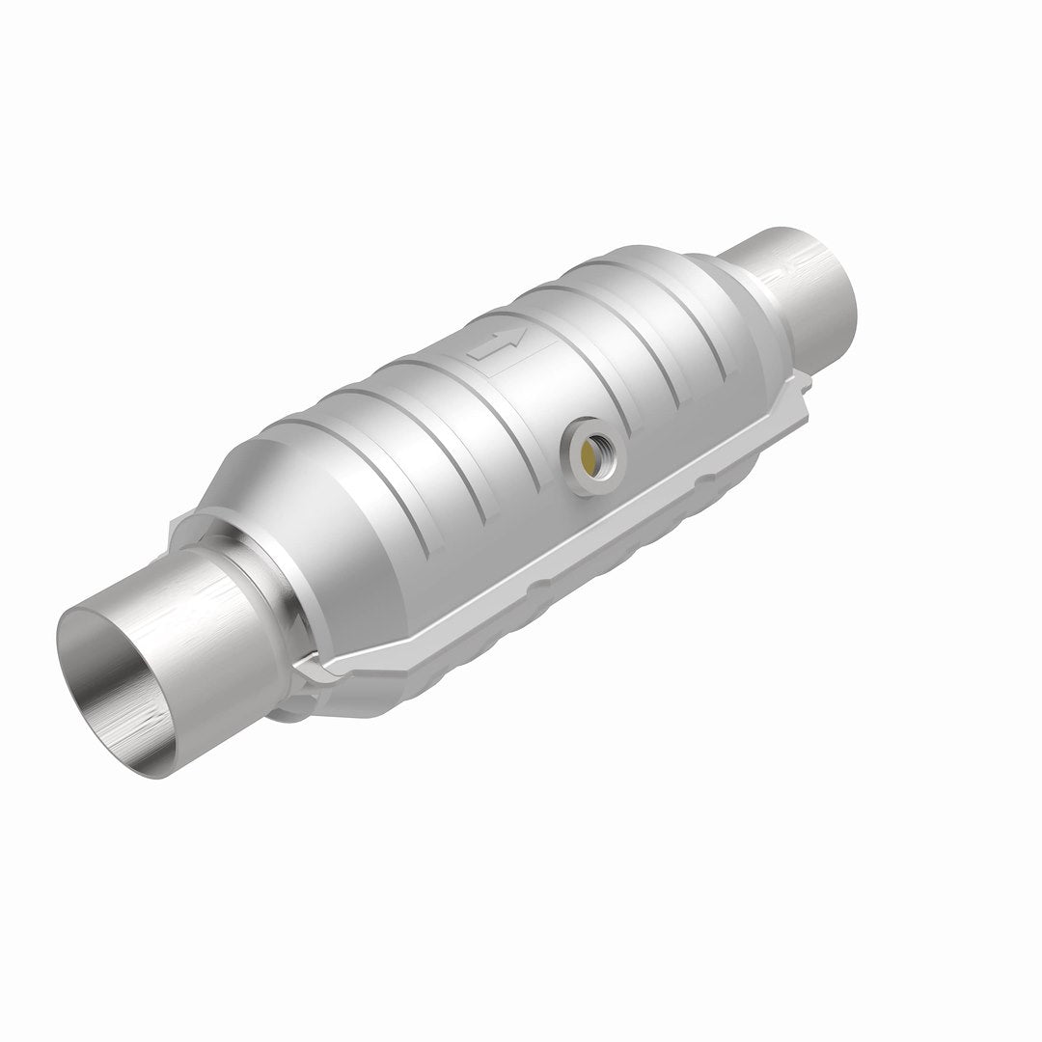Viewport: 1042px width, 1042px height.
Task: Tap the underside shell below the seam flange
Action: point(540,627)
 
